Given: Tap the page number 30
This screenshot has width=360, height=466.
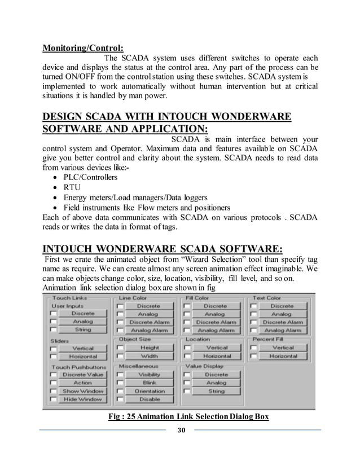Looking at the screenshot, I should point(181,430).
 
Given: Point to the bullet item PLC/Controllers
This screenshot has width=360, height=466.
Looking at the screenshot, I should point(90,177).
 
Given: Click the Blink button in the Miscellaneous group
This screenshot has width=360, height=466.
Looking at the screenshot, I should point(149,383).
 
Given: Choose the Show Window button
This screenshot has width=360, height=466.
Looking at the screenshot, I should point(82,391).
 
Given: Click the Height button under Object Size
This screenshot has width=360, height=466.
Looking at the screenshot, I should point(149,348).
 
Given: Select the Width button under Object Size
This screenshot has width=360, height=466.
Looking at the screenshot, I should point(149,357).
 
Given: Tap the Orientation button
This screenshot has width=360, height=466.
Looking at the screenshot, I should point(149,391).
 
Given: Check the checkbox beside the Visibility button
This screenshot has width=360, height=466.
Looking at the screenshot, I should point(120,375).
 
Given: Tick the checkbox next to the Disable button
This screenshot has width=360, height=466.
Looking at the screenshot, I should point(120,399).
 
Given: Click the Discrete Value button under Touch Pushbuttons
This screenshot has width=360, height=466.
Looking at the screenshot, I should point(82,375).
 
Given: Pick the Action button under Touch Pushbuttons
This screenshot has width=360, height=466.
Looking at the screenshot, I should point(82,383).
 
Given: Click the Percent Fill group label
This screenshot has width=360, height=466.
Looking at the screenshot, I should point(268,340).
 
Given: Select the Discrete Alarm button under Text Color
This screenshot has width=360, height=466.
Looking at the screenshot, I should point(282,322).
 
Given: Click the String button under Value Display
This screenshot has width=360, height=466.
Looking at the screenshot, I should point(216,391).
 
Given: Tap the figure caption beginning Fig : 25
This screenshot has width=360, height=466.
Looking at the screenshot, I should point(188,417).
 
